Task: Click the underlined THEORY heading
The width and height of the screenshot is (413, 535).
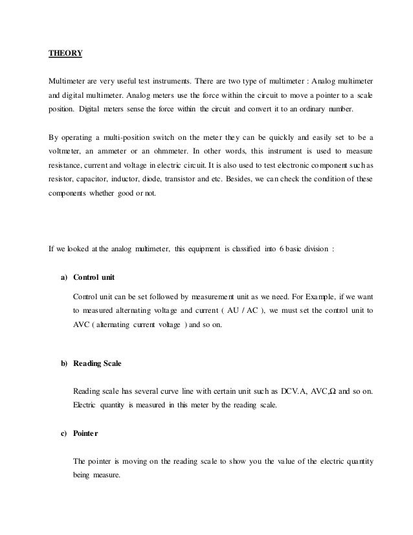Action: (65, 53)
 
